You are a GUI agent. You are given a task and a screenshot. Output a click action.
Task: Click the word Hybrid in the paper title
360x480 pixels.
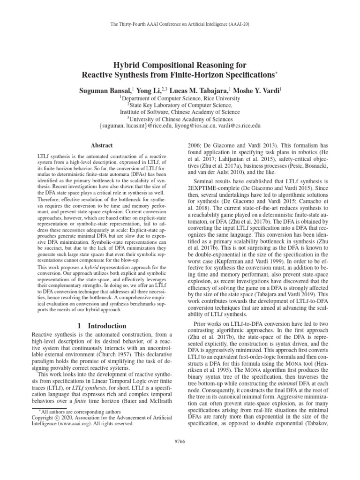[x=127, y=64]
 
